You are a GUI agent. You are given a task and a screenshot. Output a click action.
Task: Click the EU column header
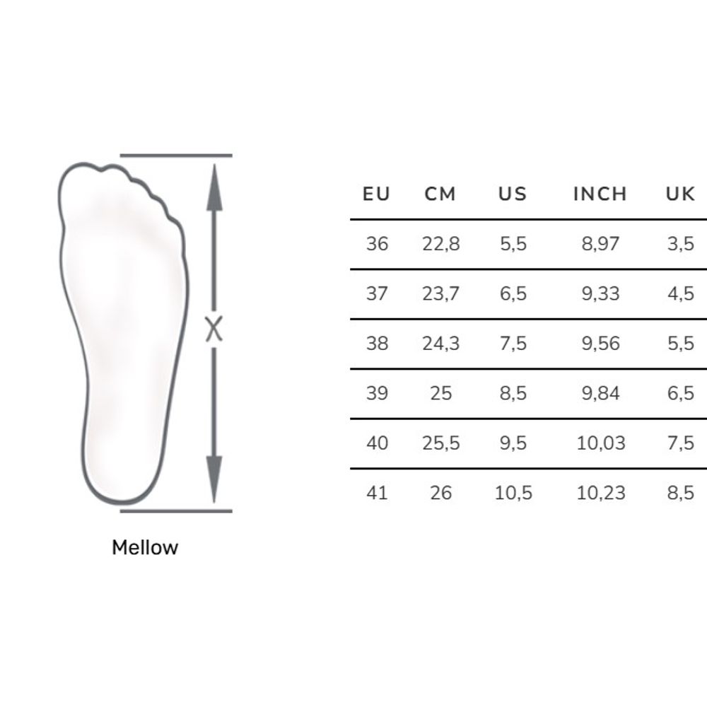click(376, 194)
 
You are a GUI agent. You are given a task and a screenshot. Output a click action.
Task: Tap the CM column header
click(440, 194)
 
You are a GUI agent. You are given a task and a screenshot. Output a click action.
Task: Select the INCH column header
click(600, 194)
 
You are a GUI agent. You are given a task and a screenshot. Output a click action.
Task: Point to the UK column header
click(680, 194)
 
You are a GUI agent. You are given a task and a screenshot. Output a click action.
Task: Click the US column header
click(513, 194)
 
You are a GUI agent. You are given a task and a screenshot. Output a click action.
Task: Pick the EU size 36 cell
click(377, 244)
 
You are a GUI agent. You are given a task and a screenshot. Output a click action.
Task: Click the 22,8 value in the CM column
click(441, 244)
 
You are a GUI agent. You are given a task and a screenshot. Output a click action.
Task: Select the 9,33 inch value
click(600, 293)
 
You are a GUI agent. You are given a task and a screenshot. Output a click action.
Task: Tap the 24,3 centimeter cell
click(441, 344)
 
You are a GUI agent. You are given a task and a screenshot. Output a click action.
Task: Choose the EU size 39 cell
click(377, 393)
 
